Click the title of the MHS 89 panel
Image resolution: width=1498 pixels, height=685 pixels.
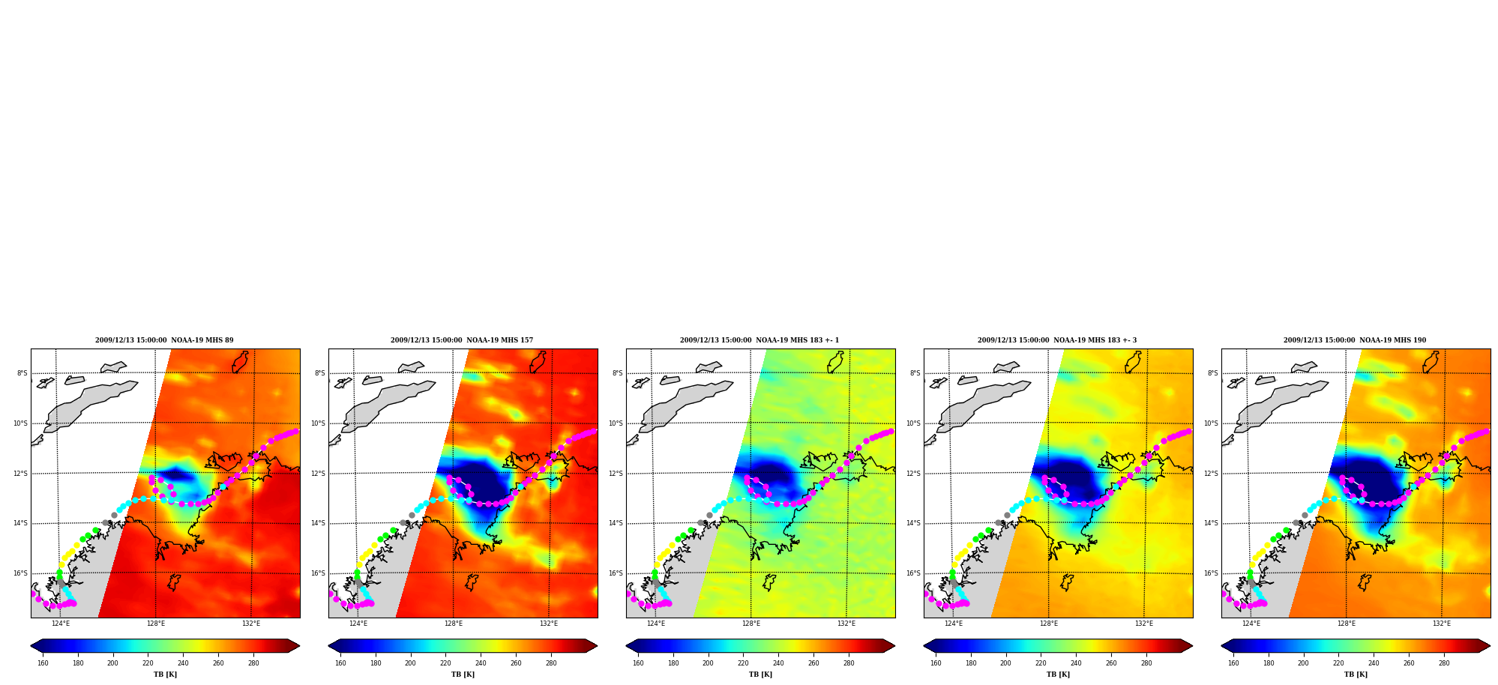[164, 340]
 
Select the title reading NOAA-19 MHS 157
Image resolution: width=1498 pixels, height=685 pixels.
[462, 340]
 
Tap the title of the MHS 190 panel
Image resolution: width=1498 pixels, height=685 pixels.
[1355, 340]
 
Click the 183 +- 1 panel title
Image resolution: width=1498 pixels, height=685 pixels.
[759, 340]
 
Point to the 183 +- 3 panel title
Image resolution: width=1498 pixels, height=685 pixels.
[1057, 340]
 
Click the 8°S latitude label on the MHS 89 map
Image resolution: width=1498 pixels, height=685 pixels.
[22, 373]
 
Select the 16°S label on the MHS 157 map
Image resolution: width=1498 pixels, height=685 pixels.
[318, 573]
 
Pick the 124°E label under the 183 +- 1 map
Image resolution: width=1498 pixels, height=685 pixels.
[656, 624]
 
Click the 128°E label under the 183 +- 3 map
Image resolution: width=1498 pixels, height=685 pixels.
[1049, 624]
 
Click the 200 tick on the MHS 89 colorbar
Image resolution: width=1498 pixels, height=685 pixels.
[112, 663]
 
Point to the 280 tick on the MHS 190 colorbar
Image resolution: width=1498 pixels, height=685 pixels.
[1444, 663]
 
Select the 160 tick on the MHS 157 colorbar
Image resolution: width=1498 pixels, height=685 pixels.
[340, 663]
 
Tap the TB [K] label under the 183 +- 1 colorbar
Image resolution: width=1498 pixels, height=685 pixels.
[760, 675]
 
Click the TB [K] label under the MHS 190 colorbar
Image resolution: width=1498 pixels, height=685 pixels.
[1356, 675]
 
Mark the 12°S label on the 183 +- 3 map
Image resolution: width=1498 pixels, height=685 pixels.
[913, 474]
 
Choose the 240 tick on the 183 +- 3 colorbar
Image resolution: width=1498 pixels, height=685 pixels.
[1076, 663]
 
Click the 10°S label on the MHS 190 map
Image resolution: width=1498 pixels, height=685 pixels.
[1211, 423]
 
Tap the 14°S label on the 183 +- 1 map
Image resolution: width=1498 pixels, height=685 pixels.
[616, 523]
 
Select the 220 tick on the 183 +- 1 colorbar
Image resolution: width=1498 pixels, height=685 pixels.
[743, 663]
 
